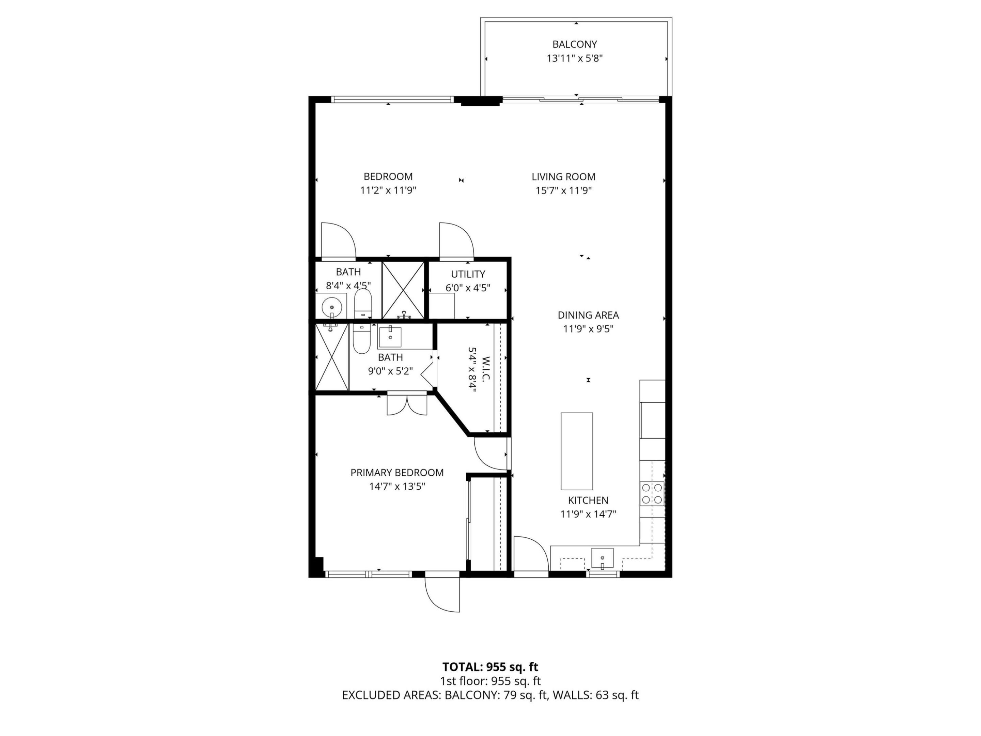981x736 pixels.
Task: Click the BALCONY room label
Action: click(x=574, y=44)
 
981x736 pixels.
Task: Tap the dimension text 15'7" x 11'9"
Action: click(x=563, y=191)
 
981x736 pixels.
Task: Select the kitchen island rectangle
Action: click(x=577, y=451)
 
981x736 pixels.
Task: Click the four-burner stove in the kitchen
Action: click(x=652, y=494)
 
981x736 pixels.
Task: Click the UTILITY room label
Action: click(x=468, y=274)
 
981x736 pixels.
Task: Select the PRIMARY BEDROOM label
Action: click(x=397, y=473)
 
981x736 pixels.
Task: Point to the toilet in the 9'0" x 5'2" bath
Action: click(x=361, y=339)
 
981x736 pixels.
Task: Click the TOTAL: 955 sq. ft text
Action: click(x=490, y=667)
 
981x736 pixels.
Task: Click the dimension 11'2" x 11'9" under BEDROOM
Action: click(x=388, y=191)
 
